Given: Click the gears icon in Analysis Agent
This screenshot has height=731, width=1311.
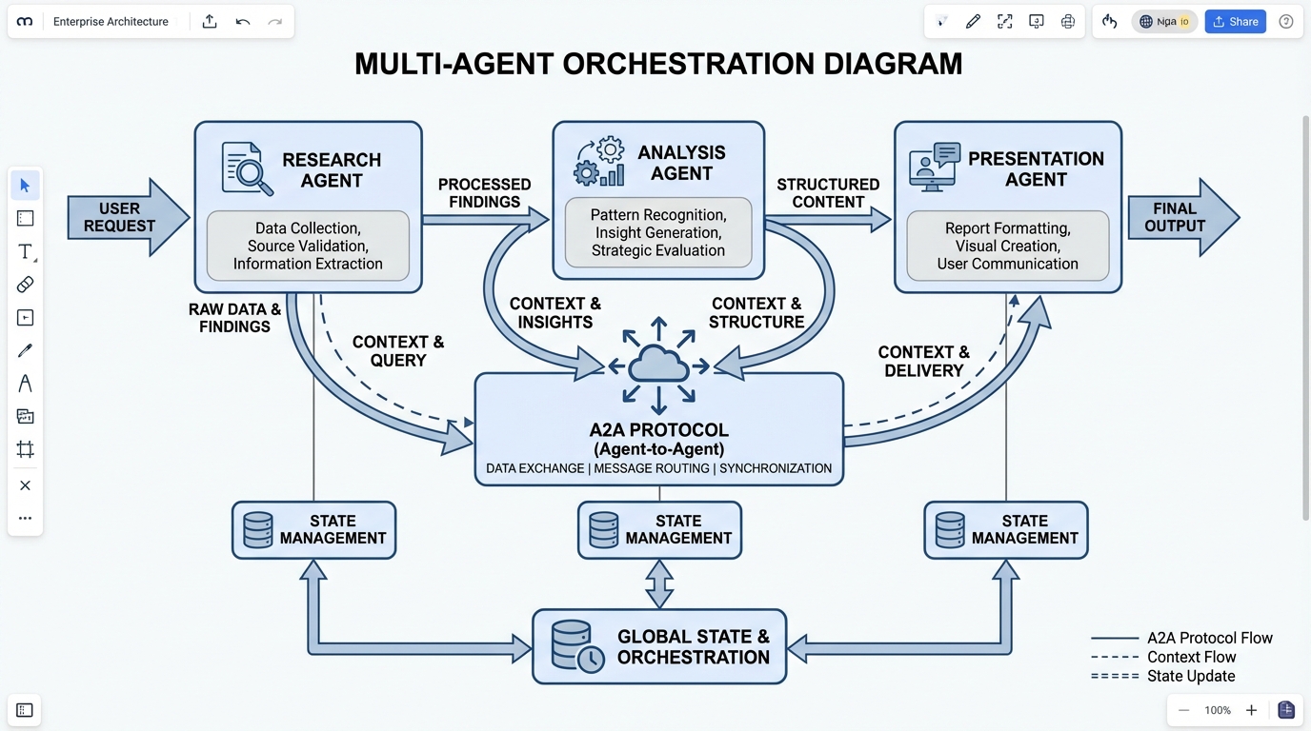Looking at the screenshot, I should click(599, 162).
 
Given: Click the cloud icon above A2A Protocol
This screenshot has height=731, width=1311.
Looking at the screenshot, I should click(658, 365).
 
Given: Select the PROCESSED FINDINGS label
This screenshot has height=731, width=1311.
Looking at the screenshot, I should click(484, 193).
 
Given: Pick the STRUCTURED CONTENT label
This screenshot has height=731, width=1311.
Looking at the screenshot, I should click(828, 193).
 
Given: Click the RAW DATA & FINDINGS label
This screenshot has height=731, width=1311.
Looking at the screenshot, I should click(234, 318).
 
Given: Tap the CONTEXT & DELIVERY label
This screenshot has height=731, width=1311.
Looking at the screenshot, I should click(923, 362).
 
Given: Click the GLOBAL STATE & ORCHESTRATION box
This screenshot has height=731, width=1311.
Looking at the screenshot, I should click(659, 646).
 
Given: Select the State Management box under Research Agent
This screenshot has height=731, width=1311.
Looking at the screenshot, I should click(313, 530).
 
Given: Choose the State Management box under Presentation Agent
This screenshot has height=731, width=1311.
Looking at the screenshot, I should click(1005, 530).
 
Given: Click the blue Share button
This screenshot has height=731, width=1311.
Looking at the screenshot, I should click(1235, 22).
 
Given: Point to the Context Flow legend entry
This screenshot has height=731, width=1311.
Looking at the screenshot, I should click(1191, 657).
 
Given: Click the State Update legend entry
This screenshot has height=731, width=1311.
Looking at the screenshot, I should click(1191, 677).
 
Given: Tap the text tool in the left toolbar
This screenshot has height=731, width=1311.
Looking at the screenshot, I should click(26, 251).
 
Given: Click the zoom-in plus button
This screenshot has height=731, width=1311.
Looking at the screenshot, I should click(1251, 710).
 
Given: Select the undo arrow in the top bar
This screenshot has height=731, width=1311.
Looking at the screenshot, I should click(243, 22).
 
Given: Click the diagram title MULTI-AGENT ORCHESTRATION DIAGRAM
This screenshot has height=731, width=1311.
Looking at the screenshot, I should click(658, 64).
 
